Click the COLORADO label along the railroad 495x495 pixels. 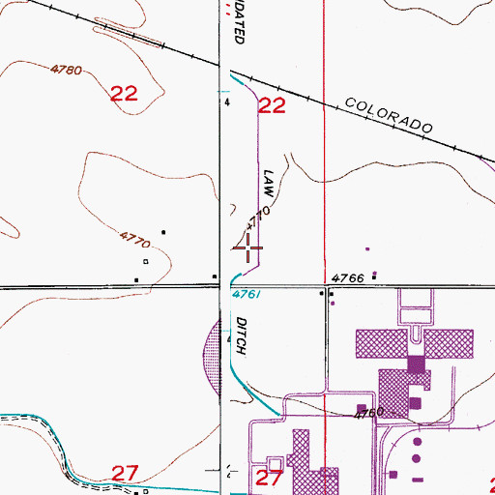[387, 115]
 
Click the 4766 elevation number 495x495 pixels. [347, 277]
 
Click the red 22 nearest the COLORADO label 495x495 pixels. [272, 106]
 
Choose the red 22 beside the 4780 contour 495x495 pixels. [123, 94]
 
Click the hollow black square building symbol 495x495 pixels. [146, 261]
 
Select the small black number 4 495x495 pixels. [227, 101]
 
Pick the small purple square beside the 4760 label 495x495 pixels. [361, 407]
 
